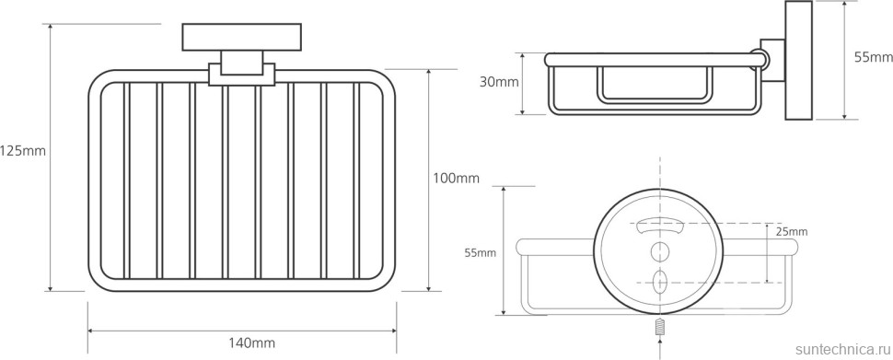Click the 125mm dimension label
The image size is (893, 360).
click(x=23, y=152)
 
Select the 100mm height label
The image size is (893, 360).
click(x=457, y=179)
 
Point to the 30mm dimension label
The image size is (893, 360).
click(x=499, y=82)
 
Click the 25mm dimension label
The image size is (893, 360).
click(x=792, y=232)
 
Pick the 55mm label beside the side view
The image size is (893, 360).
click(x=874, y=57)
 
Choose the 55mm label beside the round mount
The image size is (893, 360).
click(x=479, y=253)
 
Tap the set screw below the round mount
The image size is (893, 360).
click(x=659, y=327)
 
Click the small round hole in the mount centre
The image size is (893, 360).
click(x=659, y=250)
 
